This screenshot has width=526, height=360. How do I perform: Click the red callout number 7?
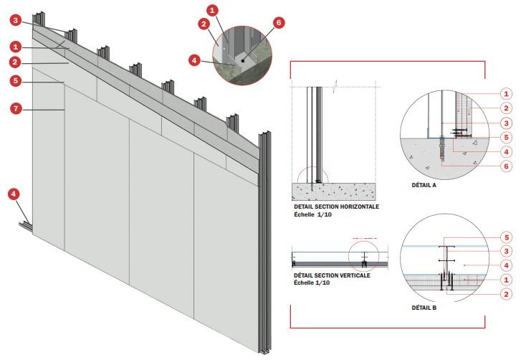(x=16, y=109)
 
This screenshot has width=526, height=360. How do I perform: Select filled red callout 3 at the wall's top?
(x=16, y=21)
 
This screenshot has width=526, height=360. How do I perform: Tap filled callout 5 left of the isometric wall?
(x=16, y=81)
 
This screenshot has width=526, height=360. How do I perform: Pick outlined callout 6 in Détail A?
(x=505, y=166)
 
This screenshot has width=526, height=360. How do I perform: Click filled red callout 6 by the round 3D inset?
(x=279, y=23)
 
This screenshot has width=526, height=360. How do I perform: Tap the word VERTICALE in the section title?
(x=352, y=275)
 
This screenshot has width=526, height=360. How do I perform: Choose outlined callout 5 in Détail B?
(x=505, y=237)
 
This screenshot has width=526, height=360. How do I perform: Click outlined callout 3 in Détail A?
(x=505, y=123)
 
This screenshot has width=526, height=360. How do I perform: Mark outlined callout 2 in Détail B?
(x=505, y=294)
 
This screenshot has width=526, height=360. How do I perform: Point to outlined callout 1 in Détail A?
(x=505, y=93)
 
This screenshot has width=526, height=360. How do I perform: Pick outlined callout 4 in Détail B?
(x=505, y=265)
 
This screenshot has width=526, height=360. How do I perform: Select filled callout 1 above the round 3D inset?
(x=211, y=11)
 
